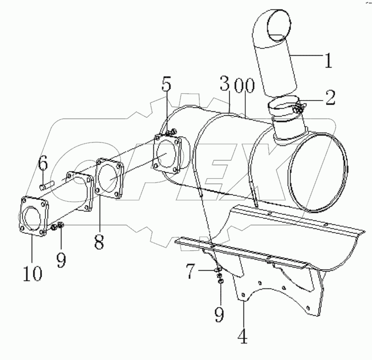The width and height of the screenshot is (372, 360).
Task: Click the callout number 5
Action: [167, 85]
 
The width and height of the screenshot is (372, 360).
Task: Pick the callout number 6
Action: [43, 162]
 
